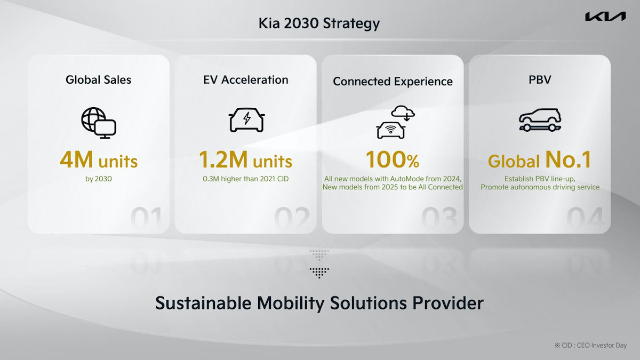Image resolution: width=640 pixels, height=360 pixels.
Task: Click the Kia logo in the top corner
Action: click(x=605, y=17)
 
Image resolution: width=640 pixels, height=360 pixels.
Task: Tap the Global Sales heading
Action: click(x=98, y=79)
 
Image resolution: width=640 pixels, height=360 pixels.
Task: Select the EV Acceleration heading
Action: click(x=245, y=79)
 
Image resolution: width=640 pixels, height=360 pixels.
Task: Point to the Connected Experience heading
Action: click(x=393, y=81)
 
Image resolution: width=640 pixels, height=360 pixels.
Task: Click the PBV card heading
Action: click(x=539, y=79)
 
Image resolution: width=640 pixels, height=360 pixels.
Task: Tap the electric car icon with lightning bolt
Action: click(x=246, y=119)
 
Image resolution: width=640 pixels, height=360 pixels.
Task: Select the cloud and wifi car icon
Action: click(x=395, y=123)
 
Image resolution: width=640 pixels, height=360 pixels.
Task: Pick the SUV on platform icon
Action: click(x=539, y=121)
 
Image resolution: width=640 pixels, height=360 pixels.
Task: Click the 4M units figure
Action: click(x=98, y=161)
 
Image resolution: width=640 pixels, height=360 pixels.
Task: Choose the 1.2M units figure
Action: click(x=245, y=161)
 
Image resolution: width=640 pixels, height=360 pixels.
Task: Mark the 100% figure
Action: click(x=393, y=161)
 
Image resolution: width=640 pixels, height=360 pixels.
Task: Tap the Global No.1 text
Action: click(x=539, y=161)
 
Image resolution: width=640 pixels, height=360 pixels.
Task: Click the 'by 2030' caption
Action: click(x=98, y=179)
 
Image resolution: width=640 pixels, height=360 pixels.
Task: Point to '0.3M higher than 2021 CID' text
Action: click(x=245, y=179)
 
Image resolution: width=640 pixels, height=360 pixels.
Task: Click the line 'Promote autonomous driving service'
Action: click(x=540, y=187)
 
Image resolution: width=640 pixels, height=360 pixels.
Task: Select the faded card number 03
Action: click(x=439, y=219)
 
